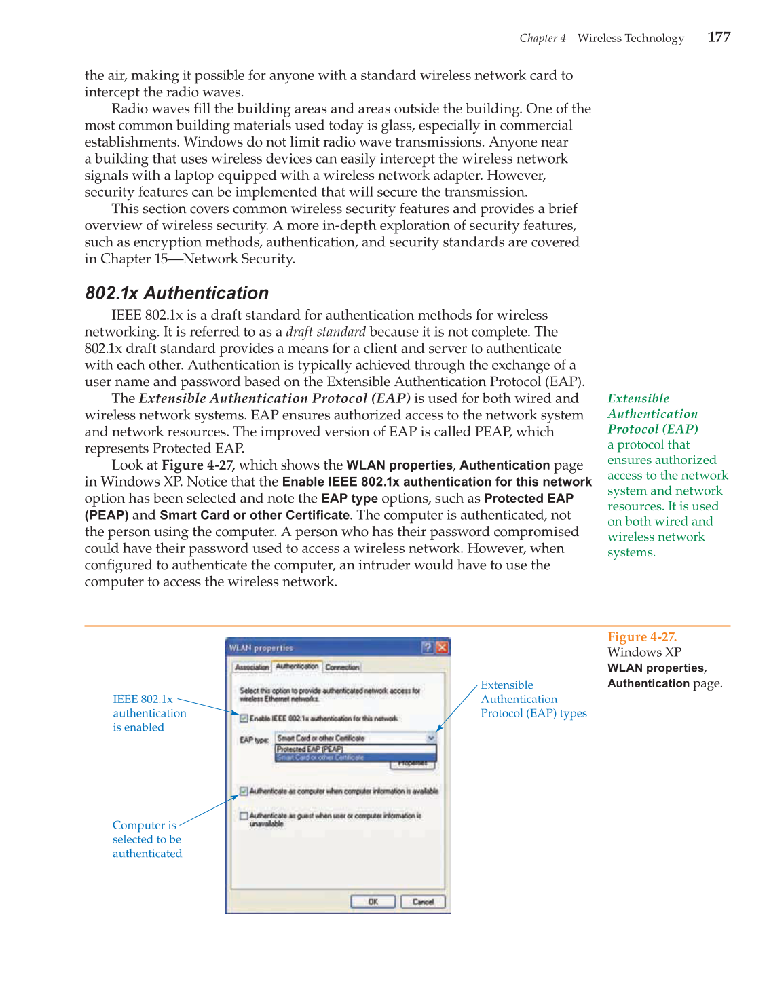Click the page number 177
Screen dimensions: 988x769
click(718, 37)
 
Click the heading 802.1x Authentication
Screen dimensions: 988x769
click(176, 293)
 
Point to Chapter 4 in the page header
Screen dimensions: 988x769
click(542, 39)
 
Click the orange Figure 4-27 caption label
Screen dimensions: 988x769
click(641, 637)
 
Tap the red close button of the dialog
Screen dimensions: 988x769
click(442, 647)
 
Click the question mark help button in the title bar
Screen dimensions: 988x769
click(427, 647)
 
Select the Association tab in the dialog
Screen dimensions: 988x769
click(252, 668)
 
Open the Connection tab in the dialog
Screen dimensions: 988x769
click(342, 668)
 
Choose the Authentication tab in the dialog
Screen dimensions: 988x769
click(297, 667)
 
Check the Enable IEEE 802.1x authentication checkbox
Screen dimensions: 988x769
click(244, 718)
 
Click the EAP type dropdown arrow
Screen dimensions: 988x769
click(430, 738)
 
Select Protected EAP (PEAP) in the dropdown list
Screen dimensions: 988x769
click(310, 749)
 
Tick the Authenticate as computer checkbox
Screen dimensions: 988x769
click(244, 791)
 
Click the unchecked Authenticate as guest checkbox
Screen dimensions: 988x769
click(244, 816)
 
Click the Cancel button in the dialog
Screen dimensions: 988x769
click(423, 902)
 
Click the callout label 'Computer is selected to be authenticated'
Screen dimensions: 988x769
click(147, 839)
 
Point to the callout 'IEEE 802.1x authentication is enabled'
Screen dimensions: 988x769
click(149, 713)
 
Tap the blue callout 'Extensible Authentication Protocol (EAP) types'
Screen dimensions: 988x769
click(533, 700)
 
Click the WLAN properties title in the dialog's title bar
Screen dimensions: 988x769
click(261, 648)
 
